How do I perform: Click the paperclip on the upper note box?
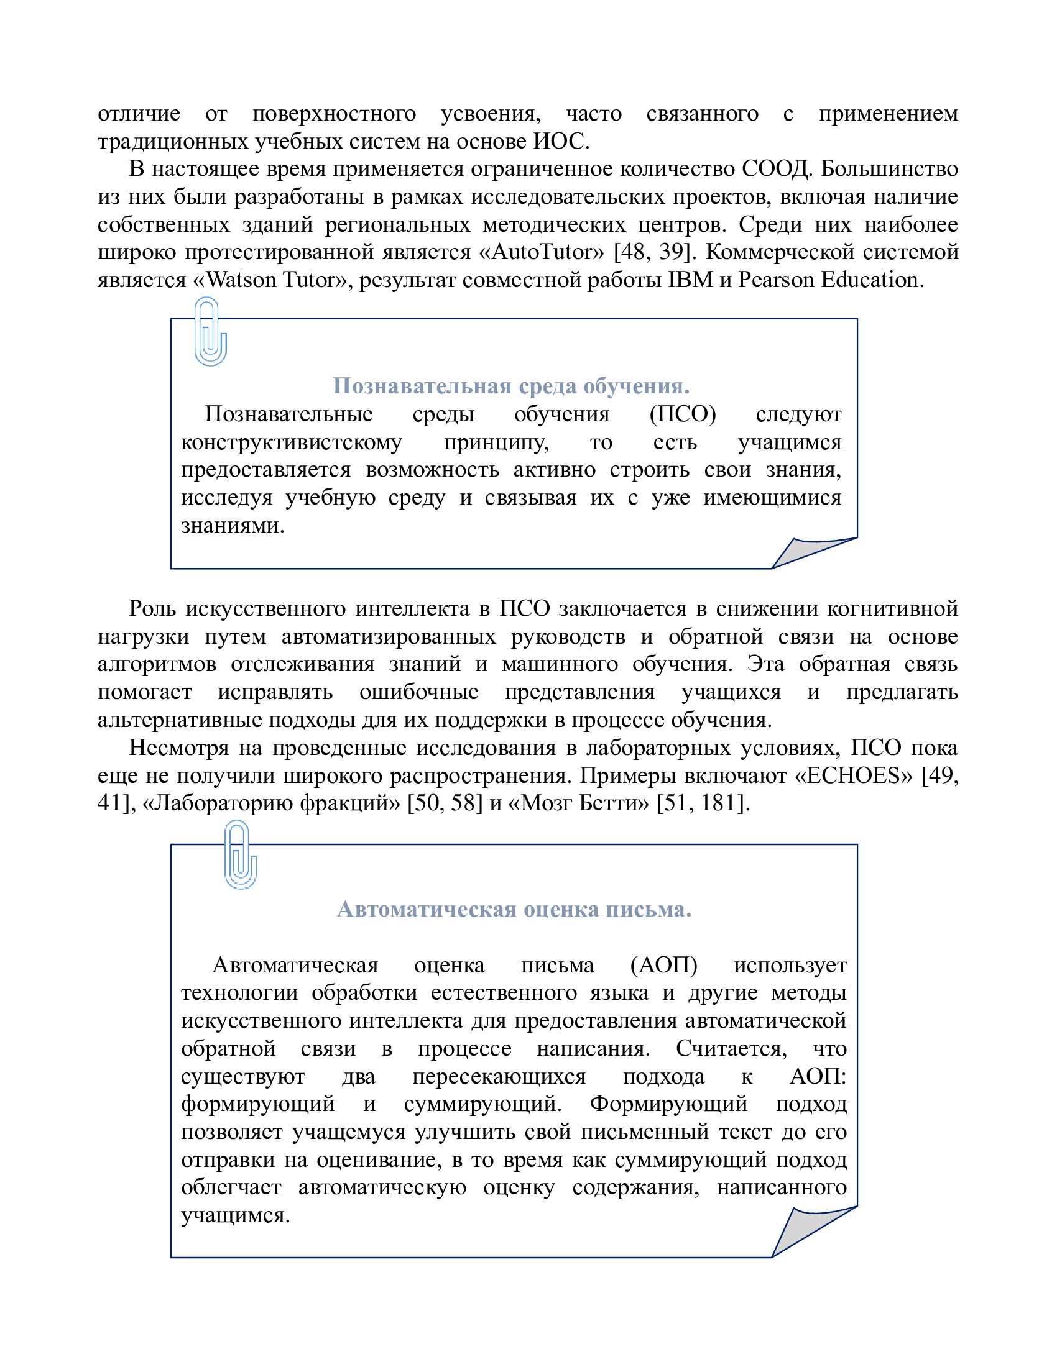[210, 331]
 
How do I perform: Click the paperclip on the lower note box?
[240, 855]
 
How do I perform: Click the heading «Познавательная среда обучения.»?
[511, 386]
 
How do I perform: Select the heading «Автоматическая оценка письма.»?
[514, 910]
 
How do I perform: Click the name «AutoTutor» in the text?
[548, 252]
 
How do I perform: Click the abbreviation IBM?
[690, 280]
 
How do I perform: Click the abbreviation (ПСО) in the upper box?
[683, 414]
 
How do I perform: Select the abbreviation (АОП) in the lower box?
[664, 965]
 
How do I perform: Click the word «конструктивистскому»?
[292, 442]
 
